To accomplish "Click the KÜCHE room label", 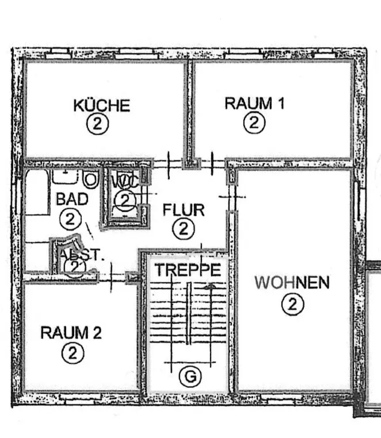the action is pyautogui.click(x=101, y=105).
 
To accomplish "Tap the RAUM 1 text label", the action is pyautogui.click(x=254, y=104).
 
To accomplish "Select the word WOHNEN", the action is pyautogui.click(x=292, y=283).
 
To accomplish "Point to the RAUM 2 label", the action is pyautogui.click(x=71, y=332).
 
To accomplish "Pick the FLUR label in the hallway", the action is pyautogui.click(x=184, y=210).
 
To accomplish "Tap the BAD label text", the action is pyautogui.click(x=72, y=200).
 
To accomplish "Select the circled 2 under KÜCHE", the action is pyautogui.click(x=98, y=124).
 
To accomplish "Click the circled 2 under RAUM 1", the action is pyautogui.click(x=253, y=122).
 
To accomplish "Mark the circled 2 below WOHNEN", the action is pyautogui.click(x=292, y=303).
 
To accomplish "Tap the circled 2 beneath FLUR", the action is pyautogui.click(x=183, y=228).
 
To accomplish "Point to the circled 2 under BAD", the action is pyautogui.click(x=71, y=219).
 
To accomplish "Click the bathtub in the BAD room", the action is pyautogui.click(x=36, y=192).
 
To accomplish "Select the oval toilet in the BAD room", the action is pyautogui.click(x=90, y=180).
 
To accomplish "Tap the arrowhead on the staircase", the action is pyautogui.click(x=211, y=285).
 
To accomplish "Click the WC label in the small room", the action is pyautogui.click(x=125, y=180).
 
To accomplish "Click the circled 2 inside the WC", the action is pyautogui.click(x=125, y=200).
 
